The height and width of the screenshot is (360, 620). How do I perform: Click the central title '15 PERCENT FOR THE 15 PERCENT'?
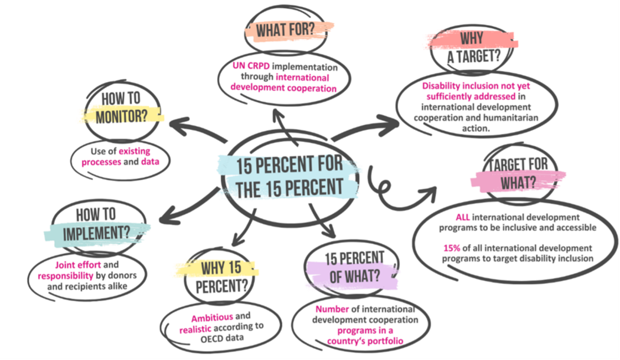click(290, 176)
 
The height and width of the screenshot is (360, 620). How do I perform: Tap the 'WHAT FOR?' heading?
click(288, 30)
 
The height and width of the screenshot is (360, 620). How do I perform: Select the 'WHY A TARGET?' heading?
click(472, 47)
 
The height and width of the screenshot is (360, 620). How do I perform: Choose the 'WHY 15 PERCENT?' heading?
click(221, 277)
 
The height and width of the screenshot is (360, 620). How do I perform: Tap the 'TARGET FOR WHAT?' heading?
click(518, 172)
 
